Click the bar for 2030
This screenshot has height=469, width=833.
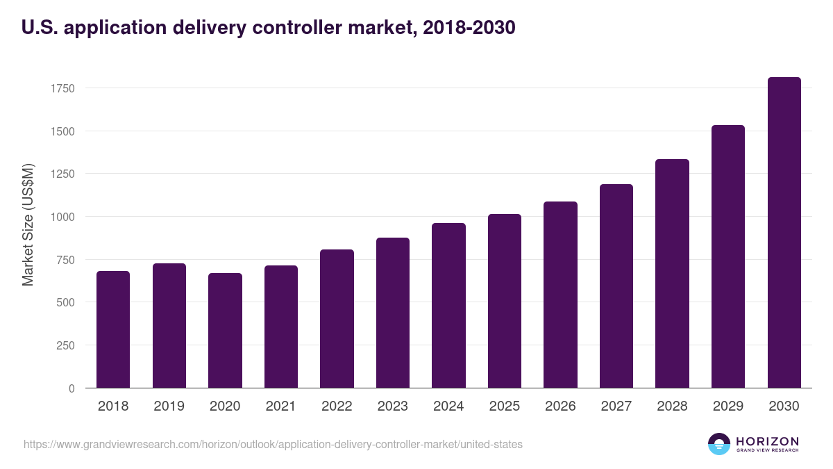pos(784,233)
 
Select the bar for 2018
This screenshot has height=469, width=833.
pos(113,329)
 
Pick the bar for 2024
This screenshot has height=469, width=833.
pos(448,306)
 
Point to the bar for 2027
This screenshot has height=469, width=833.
pos(616,286)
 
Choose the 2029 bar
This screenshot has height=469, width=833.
pos(728,256)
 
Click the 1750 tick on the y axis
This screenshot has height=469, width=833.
pos(62,88)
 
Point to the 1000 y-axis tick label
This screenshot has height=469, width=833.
pos(62,217)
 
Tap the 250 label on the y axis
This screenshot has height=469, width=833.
pos(65,345)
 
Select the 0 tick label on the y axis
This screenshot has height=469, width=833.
pos(71,388)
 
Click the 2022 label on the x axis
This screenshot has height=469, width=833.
pos(337,406)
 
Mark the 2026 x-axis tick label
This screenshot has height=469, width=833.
pos(560,406)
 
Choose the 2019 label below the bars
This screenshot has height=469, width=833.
pos(169,406)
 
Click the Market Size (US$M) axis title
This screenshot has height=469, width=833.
pos(28,224)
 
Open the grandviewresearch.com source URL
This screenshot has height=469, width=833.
pos(273,444)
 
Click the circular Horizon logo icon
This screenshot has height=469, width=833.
pos(719,444)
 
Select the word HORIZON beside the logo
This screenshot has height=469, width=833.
pos(767,441)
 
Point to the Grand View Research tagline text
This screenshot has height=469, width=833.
pos(767,451)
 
